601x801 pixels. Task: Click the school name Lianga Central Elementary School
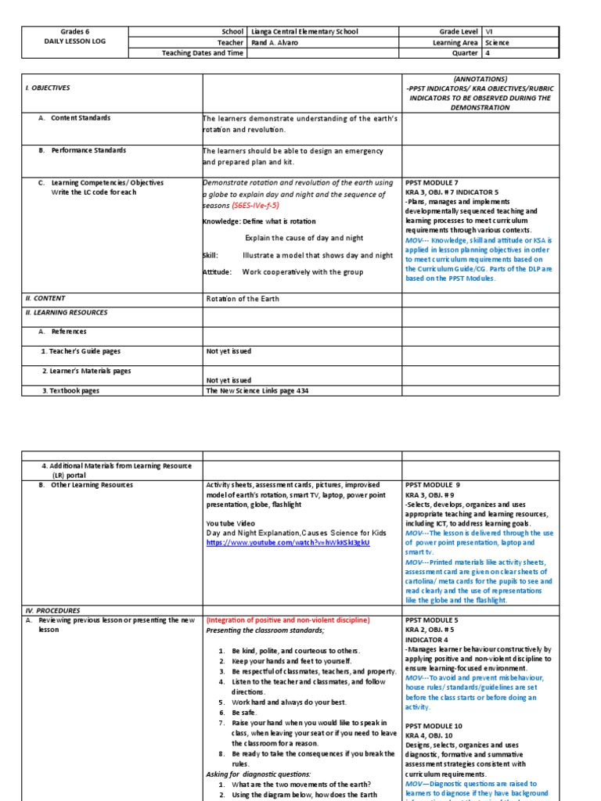pos(304,31)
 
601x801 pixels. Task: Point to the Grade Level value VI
pos(490,31)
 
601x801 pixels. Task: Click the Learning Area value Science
pos(497,42)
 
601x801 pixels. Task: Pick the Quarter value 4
pos(488,53)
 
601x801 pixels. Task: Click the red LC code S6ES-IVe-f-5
pos(255,205)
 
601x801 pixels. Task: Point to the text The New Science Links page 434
pos(251,391)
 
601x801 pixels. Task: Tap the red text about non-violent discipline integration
pos(287,620)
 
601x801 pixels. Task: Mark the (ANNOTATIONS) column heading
pos(480,80)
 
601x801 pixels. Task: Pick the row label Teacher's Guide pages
pos(81,351)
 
